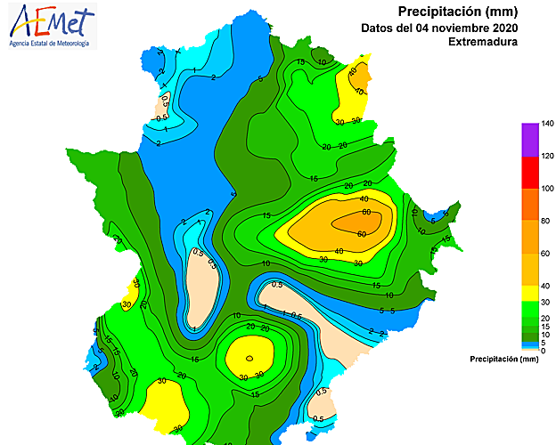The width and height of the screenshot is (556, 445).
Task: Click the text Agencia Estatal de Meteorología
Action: click(x=49, y=43)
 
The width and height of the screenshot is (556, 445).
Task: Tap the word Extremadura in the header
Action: click(x=483, y=42)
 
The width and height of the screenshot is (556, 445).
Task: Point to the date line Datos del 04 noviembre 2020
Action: click(x=452, y=27)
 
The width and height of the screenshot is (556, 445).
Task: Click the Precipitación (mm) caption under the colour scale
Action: click(x=503, y=360)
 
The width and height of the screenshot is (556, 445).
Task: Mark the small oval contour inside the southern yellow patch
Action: click(x=250, y=359)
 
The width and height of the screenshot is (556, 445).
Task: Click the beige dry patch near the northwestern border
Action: click(x=165, y=106)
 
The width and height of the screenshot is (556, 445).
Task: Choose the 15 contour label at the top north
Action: click(x=300, y=61)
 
